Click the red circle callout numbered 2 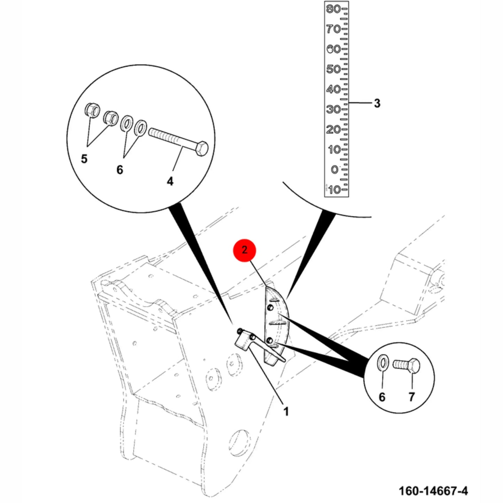coord(244,250)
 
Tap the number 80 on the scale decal coord(333,9)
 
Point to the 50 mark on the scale coord(333,69)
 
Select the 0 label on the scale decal coord(335,170)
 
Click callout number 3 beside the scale coord(377,103)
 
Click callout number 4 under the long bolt coord(170,181)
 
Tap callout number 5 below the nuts coord(84,159)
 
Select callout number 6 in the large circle coord(119,170)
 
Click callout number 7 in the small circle coord(411,397)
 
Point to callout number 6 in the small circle coord(382,397)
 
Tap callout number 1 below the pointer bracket coord(286,412)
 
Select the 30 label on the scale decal coord(333,109)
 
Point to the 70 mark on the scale coord(333,29)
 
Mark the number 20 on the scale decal coord(333,129)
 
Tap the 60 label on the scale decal coord(333,49)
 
